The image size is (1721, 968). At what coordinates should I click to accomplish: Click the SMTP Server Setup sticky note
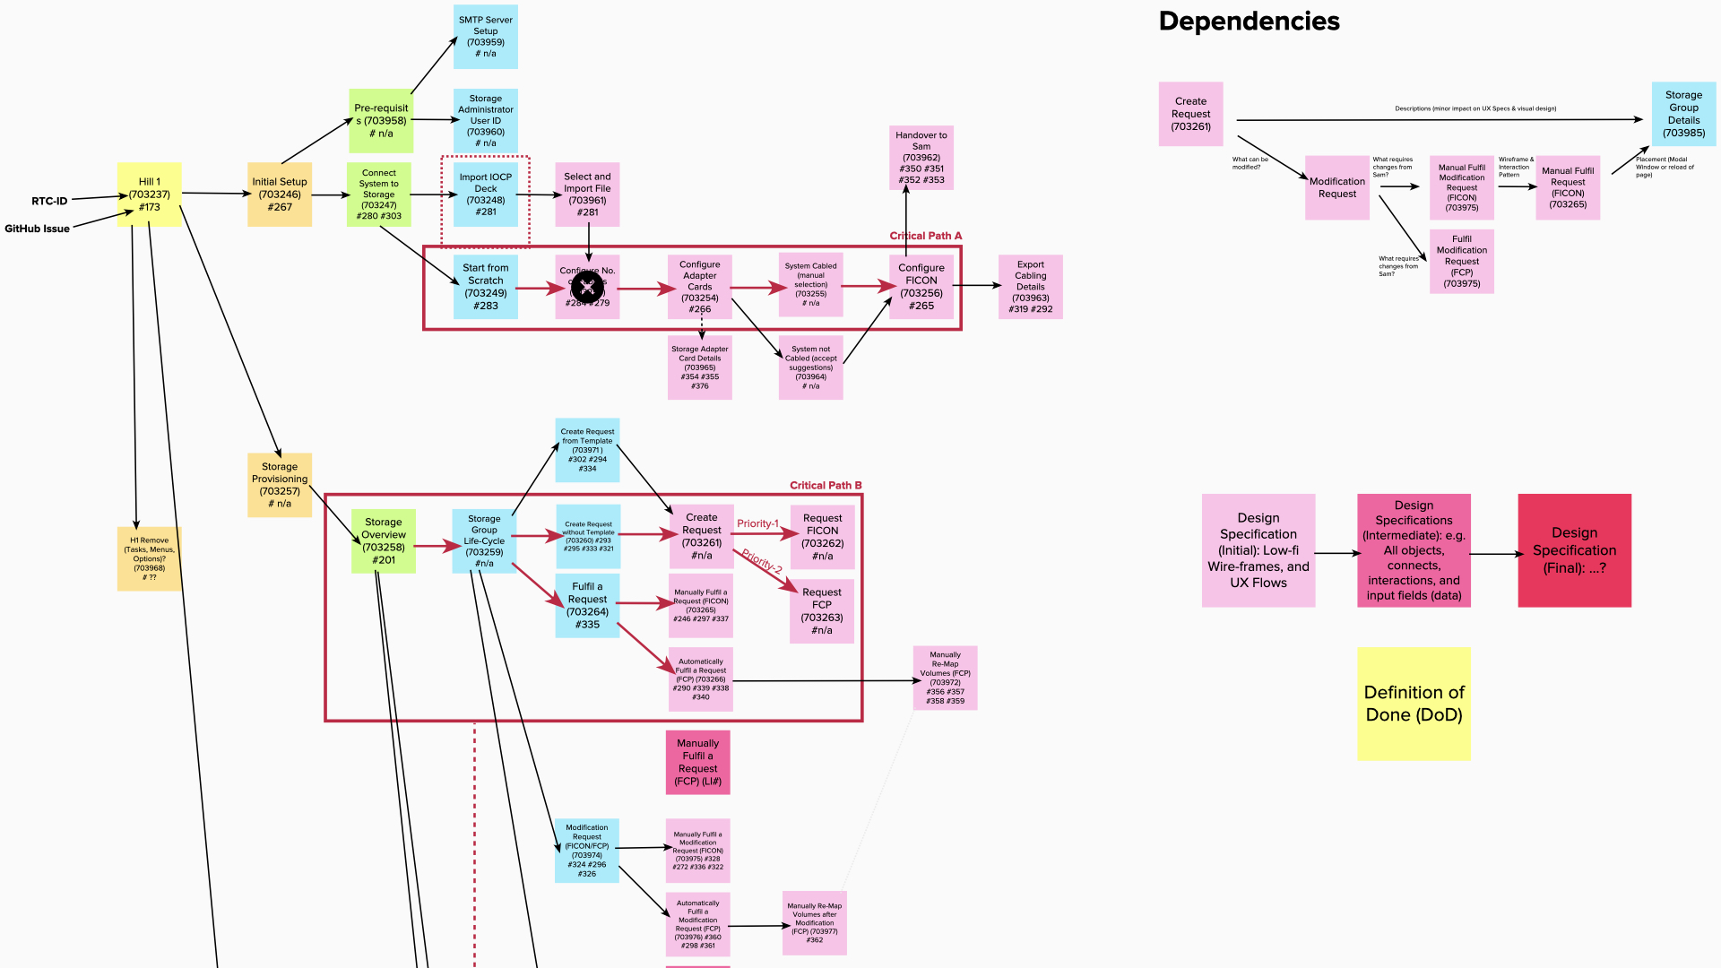485,37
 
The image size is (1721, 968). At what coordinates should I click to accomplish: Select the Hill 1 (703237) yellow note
149,194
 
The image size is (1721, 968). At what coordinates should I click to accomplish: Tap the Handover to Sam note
921,158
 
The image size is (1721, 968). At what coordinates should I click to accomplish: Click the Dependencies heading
1249,22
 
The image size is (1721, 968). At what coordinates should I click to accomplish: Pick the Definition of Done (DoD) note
1414,704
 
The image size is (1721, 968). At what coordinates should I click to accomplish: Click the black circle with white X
587,288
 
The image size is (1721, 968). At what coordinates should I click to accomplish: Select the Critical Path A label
925,236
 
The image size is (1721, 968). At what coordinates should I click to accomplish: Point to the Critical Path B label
825,485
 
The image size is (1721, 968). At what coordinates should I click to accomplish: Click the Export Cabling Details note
1030,287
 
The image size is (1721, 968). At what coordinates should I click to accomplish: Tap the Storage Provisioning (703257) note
280,485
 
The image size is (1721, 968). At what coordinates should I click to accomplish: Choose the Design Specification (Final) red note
1574,550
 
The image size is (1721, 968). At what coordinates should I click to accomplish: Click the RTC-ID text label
49,201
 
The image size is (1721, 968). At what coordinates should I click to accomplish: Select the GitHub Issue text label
37,229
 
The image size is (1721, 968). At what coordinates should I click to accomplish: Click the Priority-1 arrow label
757,523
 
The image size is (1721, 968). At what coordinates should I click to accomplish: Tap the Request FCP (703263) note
821,610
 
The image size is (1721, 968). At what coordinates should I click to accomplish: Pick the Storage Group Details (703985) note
1683,114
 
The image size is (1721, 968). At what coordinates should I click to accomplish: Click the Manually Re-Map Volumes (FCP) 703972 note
945,678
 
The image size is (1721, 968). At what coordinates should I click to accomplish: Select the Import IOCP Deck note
485,194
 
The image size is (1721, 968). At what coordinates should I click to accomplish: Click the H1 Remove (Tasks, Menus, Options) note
149,558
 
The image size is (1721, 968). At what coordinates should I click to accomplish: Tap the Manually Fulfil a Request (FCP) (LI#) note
697,762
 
